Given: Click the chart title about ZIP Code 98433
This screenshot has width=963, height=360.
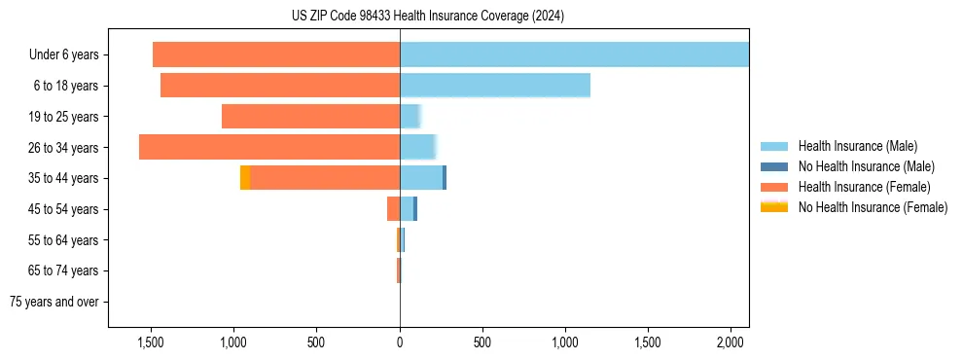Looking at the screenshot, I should pyautogui.click(x=428, y=17).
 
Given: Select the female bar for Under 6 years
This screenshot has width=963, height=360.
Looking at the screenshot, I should pyautogui.click(x=276, y=54).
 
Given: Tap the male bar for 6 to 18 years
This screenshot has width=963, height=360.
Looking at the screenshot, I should pyautogui.click(x=495, y=86).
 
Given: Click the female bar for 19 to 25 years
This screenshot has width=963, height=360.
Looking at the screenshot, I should pyautogui.click(x=310, y=117).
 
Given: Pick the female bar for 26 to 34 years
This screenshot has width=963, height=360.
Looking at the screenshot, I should pyautogui.click(x=269, y=147).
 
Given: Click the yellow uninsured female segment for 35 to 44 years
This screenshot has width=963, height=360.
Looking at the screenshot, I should pyautogui.click(x=245, y=178).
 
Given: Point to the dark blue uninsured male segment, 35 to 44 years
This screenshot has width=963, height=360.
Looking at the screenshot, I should pyautogui.click(x=445, y=178).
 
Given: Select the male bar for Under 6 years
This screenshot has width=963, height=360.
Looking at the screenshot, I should pyautogui.click(x=574, y=54).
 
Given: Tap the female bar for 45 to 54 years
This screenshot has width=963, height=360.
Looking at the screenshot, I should pyautogui.click(x=393, y=208).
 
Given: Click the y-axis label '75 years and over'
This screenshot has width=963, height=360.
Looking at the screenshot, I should pyautogui.click(x=53, y=302).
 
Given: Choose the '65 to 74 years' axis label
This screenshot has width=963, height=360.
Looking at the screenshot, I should pyautogui.click(x=63, y=270).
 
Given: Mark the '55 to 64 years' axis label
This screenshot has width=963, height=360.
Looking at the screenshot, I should pyautogui.click(x=63, y=239).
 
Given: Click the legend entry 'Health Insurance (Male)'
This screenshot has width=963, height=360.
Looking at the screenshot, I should pyautogui.click(x=857, y=146).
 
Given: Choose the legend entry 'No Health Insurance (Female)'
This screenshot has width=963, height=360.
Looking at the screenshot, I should pyautogui.click(x=873, y=207).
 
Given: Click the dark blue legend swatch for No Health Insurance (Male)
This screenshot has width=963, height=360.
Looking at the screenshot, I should pyautogui.click(x=774, y=166).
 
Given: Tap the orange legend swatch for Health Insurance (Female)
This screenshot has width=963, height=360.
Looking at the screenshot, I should pyautogui.click(x=774, y=187).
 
